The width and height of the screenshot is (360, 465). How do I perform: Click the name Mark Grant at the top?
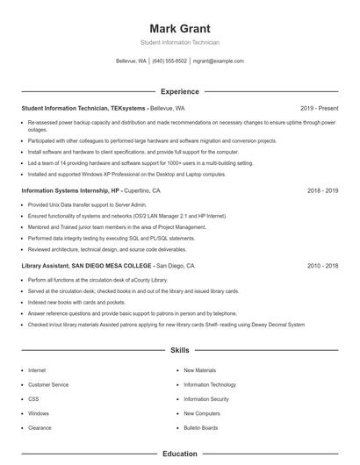click(x=180, y=28)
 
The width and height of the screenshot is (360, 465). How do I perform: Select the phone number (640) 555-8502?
click(x=169, y=61)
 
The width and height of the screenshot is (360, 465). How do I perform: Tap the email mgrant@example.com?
click(x=218, y=61)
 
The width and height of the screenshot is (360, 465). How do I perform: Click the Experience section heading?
click(x=180, y=91)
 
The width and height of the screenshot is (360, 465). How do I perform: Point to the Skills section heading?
click(x=180, y=350)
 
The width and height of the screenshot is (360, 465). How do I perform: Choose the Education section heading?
click(x=180, y=454)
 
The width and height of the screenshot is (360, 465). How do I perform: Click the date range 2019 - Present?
click(x=319, y=108)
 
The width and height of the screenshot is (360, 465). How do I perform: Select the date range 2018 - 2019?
click(x=322, y=190)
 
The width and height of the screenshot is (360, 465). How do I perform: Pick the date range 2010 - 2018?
click(x=322, y=265)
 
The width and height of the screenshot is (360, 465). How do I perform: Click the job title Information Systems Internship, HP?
click(x=71, y=190)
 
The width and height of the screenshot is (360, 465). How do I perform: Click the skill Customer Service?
click(x=48, y=384)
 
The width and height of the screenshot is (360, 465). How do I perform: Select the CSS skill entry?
click(x=32, y=398)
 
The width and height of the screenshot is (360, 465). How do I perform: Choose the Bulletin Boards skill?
click(x=201, y=427)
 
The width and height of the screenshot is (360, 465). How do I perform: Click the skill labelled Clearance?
click(x=40, y=427)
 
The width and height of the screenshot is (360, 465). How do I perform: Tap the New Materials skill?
click(x=199, y=370)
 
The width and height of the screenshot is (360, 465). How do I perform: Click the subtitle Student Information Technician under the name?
click(x=180, y=42)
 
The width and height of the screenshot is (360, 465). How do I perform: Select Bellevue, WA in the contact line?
click(x=132, y=61)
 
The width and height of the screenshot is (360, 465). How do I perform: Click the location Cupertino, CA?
click(x=142, y=190)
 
